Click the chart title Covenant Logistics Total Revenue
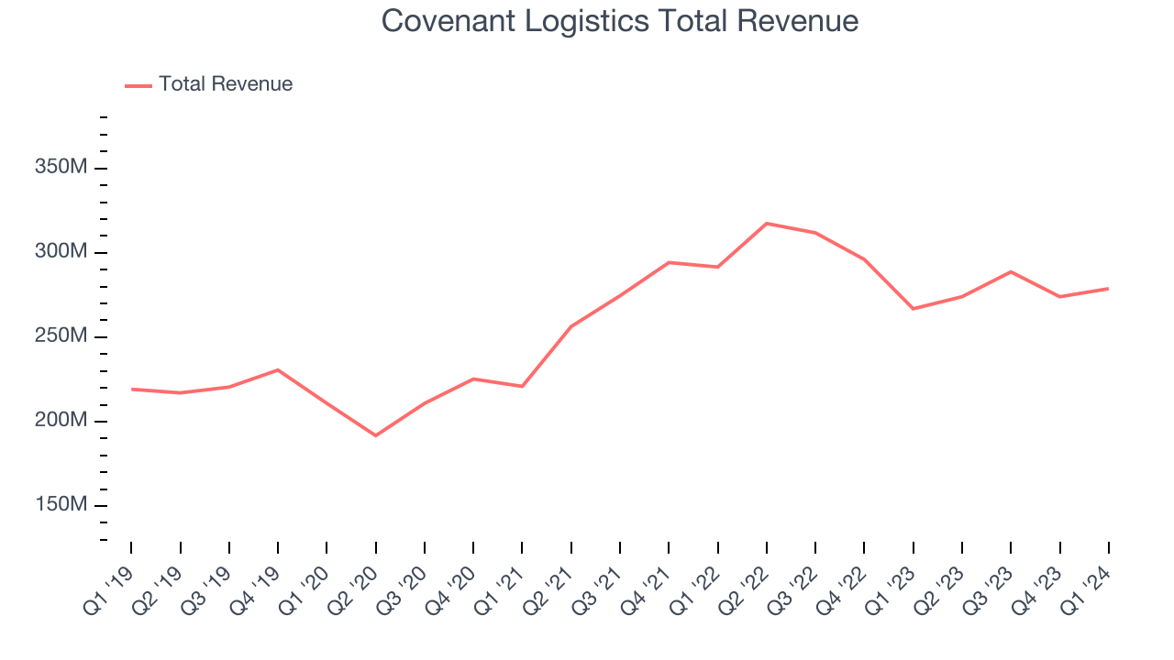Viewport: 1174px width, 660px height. point(620,20)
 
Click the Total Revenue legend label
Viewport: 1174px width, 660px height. point(226,84)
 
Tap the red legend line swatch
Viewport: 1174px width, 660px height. point(138,85)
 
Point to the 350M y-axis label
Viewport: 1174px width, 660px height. point(61,168)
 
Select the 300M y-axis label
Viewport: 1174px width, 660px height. point(61,252)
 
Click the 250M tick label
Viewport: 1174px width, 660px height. point(61,336)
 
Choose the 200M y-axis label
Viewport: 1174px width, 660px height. point(61,421)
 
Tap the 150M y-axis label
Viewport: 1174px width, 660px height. point(61,505)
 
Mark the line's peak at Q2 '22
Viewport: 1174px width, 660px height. point(767,224)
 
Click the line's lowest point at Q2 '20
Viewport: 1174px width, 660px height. point(376,435)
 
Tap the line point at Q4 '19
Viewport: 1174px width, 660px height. point(278,369)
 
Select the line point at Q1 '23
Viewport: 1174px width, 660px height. point(914,309)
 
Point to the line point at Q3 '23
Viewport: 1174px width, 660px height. point(1011,271)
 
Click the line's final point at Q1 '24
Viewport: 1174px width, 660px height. point(1108,289)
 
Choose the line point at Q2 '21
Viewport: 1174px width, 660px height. point(571,326)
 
